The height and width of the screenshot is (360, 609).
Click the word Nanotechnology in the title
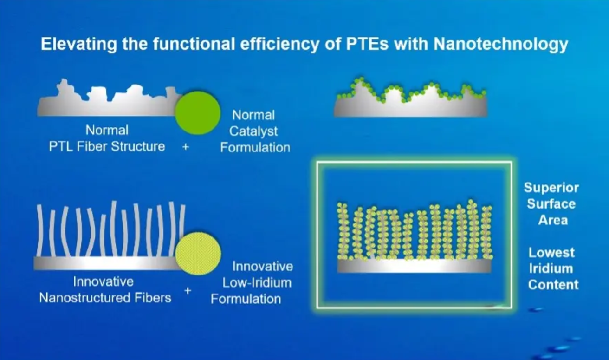[x=500, y=44]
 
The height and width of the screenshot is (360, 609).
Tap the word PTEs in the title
[x=367, y=44]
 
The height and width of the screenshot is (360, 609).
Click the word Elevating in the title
[x=79, y=44]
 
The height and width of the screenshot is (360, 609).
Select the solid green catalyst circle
[x=197, y=113]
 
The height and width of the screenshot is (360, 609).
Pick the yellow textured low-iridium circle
[x=198, y=254]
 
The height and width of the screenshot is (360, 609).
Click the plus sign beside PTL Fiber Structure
[x=185, y=147]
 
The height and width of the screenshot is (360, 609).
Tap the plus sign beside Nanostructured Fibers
[x=188, y=291]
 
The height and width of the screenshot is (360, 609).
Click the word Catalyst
[x=253, y=132]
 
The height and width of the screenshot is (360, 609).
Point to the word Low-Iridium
[x=257, y=283]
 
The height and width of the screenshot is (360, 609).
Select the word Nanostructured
[x=84, y=298]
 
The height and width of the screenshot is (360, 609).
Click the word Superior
[x=551, y=188]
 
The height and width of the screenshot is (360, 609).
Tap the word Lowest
[x=551, y=253]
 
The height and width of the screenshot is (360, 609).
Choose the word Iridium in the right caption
[x=551, y=268]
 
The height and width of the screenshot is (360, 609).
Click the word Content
[x=553, y=285]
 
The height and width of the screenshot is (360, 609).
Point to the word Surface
[x=551, y=204]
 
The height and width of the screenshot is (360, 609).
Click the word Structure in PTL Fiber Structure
[x=138, y=146]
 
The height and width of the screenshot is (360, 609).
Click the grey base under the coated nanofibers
[x=415, y=266]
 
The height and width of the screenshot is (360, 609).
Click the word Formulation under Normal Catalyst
[x=255, y=147]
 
